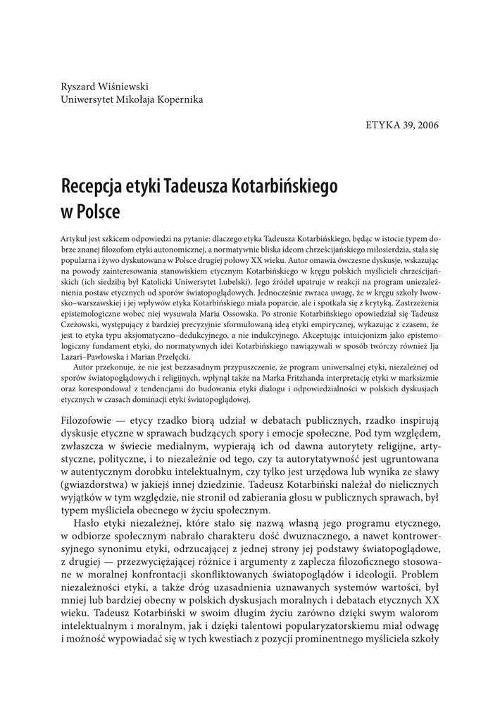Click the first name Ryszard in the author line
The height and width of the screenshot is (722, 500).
[x=80, y=86]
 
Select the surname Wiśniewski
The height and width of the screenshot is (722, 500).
[x=124, y=86]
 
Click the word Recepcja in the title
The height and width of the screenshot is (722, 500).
[x=91, y=186]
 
